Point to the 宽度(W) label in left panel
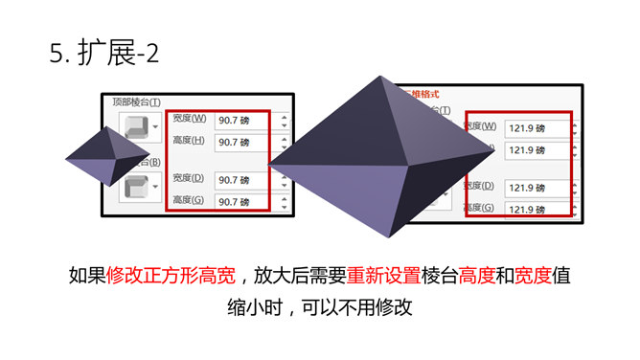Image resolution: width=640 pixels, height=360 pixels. point(189,119)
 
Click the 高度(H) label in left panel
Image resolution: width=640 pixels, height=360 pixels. point(189,141)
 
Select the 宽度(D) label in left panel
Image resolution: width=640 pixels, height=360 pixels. point(189,178)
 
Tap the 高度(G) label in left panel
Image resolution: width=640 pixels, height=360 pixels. point(189,200)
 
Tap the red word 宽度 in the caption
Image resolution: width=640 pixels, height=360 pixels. point(533,276)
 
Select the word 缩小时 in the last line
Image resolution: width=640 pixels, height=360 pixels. point(249,309)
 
